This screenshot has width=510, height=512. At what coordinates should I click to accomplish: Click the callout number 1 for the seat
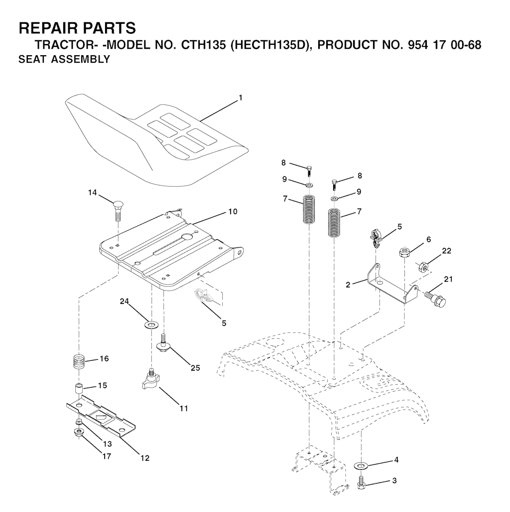tap(241, 98)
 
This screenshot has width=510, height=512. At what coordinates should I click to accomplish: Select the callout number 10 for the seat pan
tap(233, 211)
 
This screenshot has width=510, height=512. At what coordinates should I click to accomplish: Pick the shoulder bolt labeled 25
tap(163, 343)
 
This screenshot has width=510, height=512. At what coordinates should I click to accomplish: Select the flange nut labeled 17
tap(79, 433)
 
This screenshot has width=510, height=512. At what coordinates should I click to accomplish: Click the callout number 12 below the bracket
tap(145, 458)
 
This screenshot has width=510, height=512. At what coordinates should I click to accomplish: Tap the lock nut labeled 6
tap(404, 253)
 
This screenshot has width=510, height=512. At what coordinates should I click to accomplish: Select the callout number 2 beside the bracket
tap(348, 285)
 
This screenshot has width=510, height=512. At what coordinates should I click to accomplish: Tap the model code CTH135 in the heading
tap(203, 45)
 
